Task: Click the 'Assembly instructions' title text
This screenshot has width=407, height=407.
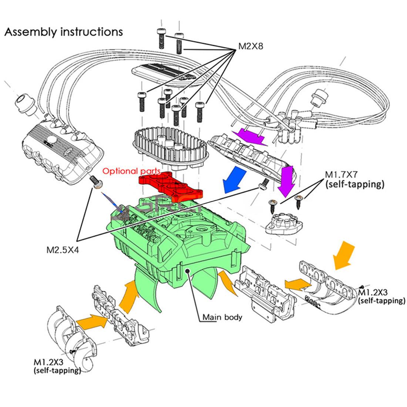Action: click(x=63, y=32)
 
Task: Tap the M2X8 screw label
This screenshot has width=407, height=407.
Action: click(x=250, y=46)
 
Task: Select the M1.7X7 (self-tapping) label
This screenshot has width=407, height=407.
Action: click(x=354, y=179)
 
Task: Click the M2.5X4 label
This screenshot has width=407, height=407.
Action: click(x=63, y=250)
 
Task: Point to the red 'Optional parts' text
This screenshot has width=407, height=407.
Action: click(x=131, y=171)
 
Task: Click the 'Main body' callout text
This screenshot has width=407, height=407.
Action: click(x=222, y=317)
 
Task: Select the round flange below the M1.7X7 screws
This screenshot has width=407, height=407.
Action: click(x=283, y=224)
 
